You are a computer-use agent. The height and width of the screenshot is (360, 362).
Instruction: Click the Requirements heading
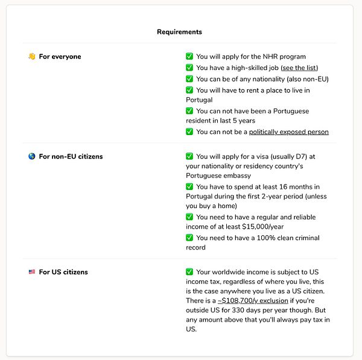click(x=179, y=31)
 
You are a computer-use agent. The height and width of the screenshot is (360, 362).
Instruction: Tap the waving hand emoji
click(x=31, y=57)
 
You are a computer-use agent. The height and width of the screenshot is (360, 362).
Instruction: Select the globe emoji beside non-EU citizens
click(x=31, y=157)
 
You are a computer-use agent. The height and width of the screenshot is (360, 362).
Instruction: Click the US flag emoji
click(x=31, y=273)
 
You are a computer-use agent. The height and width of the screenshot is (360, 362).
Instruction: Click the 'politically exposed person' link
click(x=288, y=131)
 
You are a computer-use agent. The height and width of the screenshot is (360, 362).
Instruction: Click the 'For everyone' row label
click(x=60, y=57)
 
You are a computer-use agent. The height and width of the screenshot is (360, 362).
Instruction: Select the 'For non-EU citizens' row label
click(x=71, y=157)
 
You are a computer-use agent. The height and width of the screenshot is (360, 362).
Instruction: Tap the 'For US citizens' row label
click(x=63, y=273)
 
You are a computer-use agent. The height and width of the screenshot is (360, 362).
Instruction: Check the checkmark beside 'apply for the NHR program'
click(x=189, y=57)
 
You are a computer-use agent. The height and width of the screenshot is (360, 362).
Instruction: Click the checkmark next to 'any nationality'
click(x=189, y=79)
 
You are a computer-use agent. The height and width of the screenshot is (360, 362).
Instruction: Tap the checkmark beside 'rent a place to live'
click(x=189, y=90)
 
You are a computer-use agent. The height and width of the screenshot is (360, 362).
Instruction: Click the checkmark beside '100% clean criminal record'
click(x=189, y=238)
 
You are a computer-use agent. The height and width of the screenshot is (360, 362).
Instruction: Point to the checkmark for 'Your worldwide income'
click(x=189, y=272)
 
